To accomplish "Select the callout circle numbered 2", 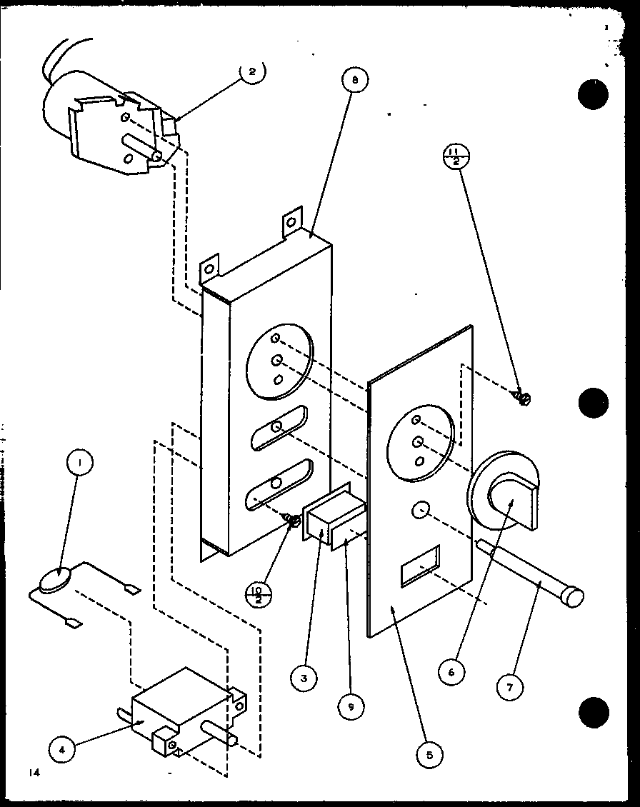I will click(252, 71).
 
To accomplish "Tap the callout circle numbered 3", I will click(304, 679).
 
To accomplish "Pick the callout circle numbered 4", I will click(61, 749).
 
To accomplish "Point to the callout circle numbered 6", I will click(452, 672).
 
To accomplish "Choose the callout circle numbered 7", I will click(510, 686).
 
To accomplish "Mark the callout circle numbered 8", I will click(354, 81).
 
